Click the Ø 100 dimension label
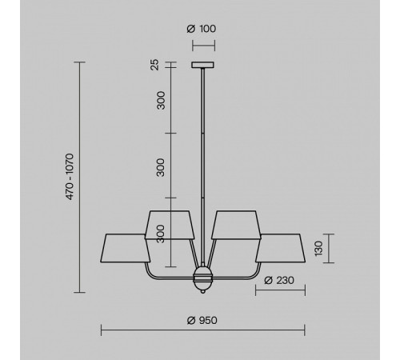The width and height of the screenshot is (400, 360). point(202,29)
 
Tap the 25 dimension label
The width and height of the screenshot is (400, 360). point(154,65)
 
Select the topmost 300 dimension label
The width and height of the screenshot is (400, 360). point(161,100)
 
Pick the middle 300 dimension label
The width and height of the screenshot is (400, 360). point(161,167)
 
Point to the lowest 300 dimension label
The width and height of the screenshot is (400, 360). point(161,234)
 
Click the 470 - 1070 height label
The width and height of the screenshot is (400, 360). point(70,177)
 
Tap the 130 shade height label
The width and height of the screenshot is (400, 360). point(318,249)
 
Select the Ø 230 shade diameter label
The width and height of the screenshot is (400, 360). point(279,280)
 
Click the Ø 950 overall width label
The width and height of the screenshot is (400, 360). point(202,320)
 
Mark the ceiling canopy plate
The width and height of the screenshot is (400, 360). point(202,65)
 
